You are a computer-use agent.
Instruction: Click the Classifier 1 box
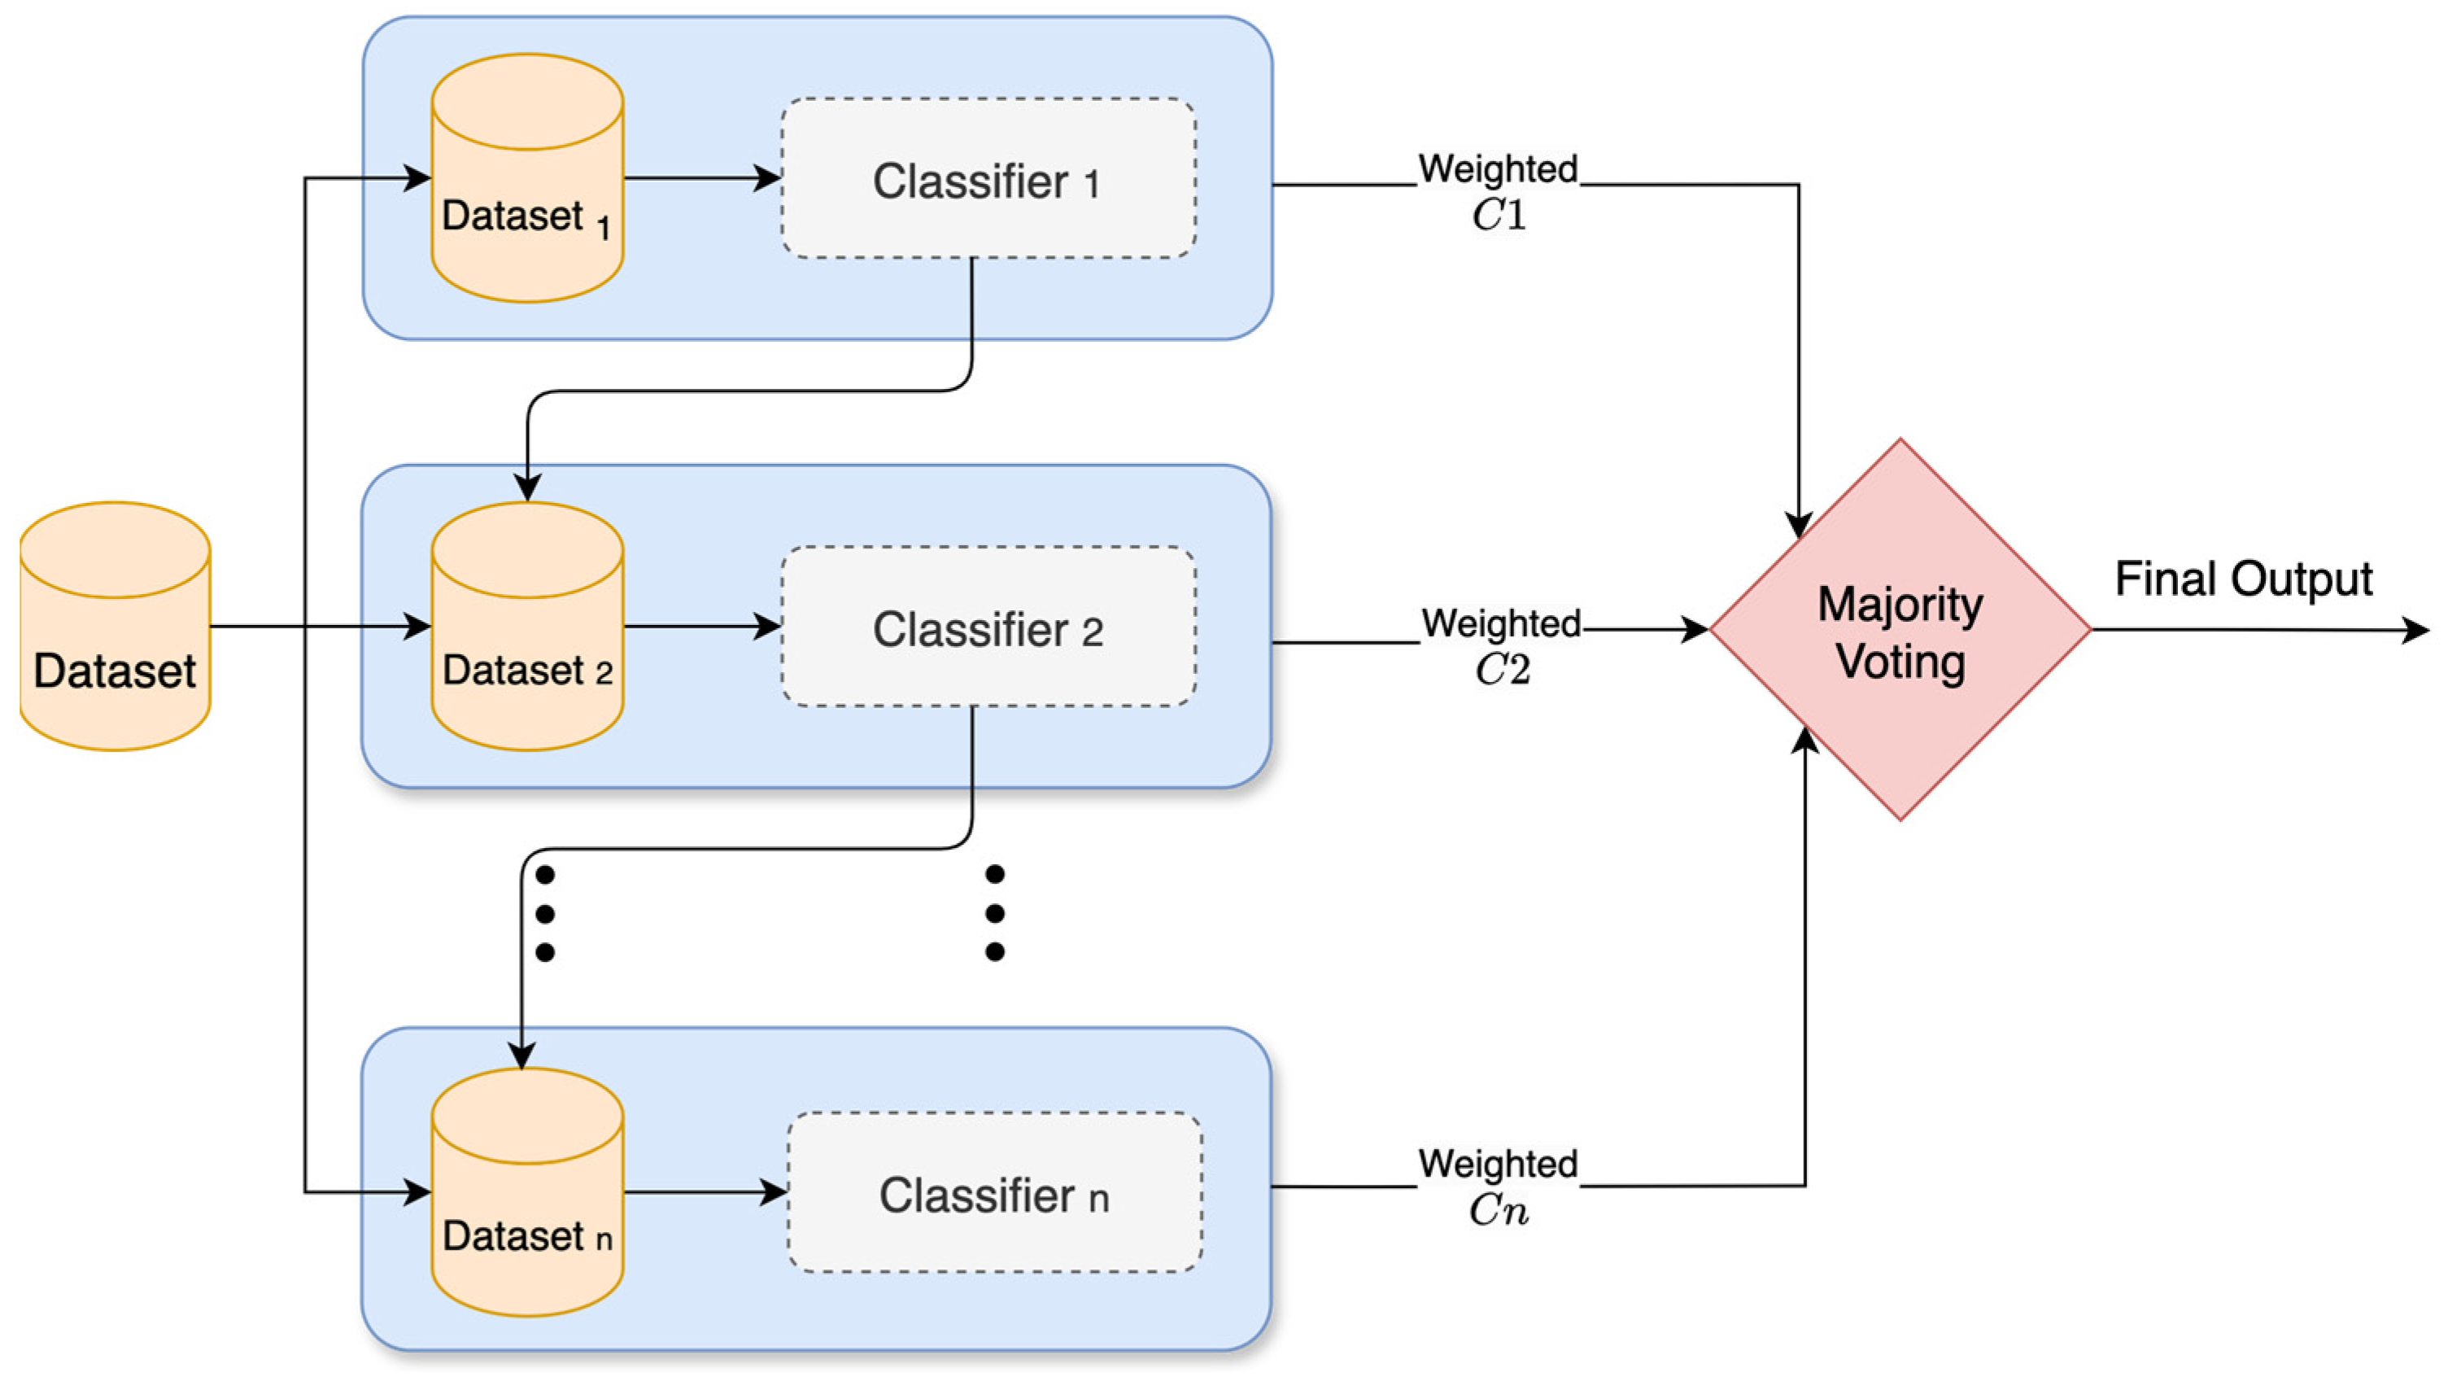(988, 179)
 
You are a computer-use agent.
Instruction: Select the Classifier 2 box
(988, 627)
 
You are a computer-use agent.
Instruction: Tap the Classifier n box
(994, 1193)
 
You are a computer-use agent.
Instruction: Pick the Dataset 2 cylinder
(527, 627)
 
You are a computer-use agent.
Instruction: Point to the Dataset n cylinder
(527, 1193)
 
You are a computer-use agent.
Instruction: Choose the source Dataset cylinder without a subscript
(115, 627)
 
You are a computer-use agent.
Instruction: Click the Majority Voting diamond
(1900, 629)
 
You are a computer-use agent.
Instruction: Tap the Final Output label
(2243, 579)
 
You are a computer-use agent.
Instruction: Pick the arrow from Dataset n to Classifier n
(705, 1192)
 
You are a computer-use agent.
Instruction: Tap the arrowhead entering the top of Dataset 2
(527, 487)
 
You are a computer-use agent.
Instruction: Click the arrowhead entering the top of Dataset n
(521, 1055)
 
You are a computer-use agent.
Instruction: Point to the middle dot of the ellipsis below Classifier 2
(995, 913)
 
